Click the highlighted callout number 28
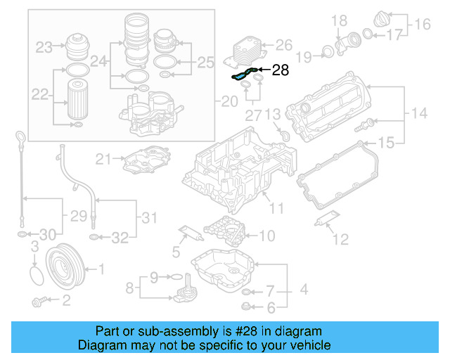[281, 70]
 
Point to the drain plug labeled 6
[245, 306]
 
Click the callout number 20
[229, 102]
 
